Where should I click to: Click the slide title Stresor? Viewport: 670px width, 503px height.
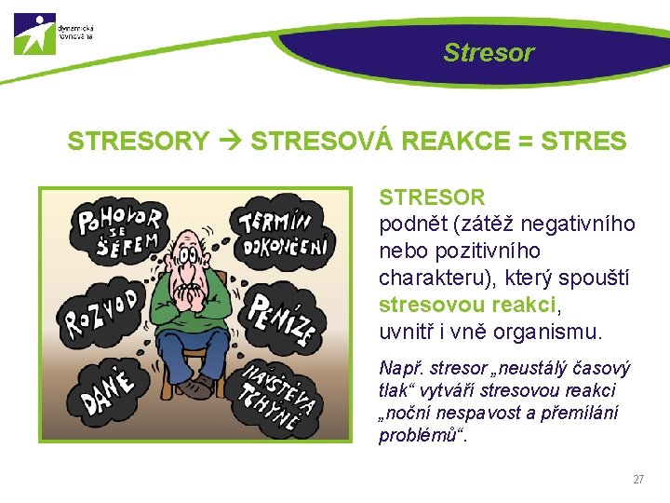[489, 52]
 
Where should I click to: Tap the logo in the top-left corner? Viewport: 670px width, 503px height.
[35, 34]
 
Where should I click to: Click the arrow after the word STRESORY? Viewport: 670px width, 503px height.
[230, 142]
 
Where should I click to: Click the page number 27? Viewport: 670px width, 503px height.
[638, 480]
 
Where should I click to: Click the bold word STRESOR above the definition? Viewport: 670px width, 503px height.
[432, 197]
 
